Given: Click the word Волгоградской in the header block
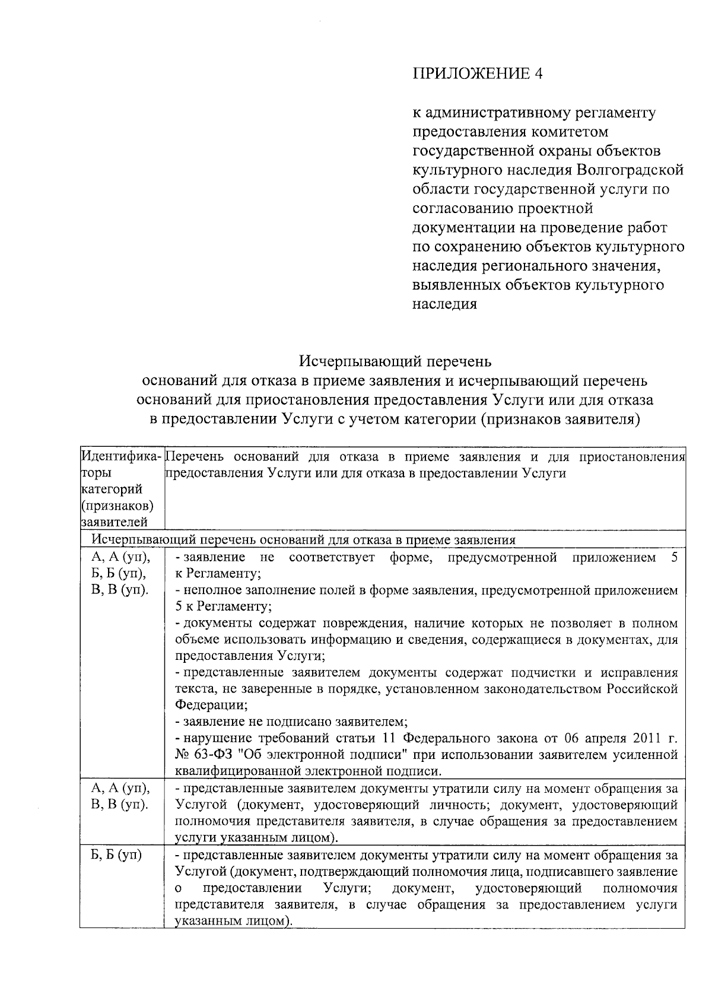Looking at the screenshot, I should (x=629, y=170).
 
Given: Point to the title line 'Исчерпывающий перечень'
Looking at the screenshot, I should (x=395, y=361).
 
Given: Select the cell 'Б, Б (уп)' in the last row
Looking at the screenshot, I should (x=117, y=856).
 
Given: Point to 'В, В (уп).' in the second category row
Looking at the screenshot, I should (x=120, y=805).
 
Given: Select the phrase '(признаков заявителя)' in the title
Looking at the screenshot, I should (x=560, y=418).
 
